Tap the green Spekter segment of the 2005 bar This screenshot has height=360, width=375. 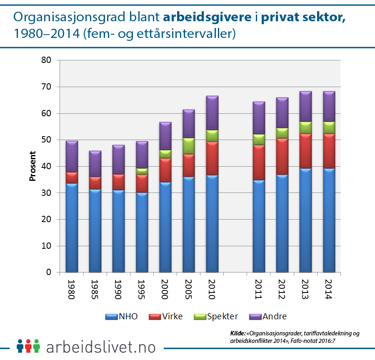pos(189,146)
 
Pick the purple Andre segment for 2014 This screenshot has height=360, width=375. pos(329,106)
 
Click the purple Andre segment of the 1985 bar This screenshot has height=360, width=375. pos(95,163)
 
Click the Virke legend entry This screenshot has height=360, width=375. pos(165,316)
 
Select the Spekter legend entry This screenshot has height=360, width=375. pos(216,316)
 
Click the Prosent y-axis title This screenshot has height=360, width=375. pos(32,166)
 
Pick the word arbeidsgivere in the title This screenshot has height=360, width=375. pos(207,17)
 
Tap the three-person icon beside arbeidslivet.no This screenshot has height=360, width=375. pos(28,346)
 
